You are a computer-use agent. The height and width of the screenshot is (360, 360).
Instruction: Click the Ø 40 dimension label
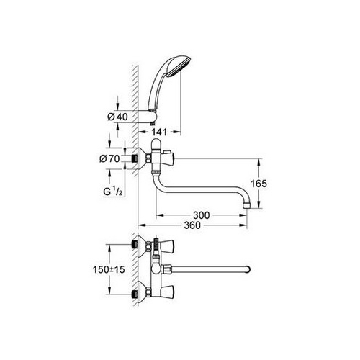(118, 117)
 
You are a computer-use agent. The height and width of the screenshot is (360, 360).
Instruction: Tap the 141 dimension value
(159, 132)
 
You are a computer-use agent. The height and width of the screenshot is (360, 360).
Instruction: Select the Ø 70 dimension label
(109, 158)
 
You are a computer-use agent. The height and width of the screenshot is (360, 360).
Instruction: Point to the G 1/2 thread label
(113, 192)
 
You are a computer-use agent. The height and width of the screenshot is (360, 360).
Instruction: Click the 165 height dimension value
(258, 184)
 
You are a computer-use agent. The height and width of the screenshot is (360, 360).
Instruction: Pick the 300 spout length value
(202, 215)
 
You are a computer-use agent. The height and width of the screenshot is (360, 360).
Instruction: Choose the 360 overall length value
(192, 225)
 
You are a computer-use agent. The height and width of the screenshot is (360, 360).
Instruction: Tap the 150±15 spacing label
(109, 269)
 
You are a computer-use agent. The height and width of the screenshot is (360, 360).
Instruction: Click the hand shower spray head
(178, 66)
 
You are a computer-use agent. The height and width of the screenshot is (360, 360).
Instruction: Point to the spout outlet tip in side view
(246, 206)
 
